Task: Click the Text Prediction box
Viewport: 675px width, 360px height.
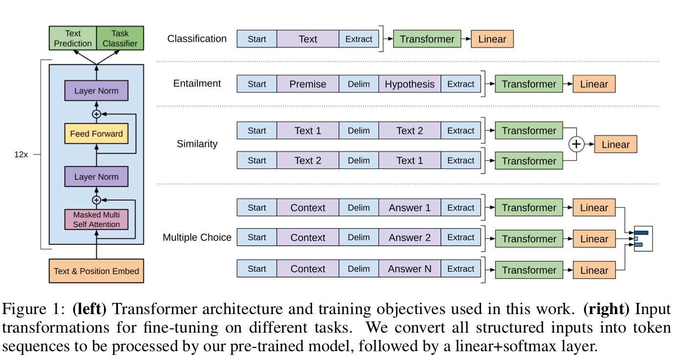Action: [73, 39]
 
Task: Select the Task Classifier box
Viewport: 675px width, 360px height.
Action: [120, 39]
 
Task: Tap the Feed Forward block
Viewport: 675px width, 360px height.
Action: [96, 133]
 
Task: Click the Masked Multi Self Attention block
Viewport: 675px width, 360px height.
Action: [96, 219]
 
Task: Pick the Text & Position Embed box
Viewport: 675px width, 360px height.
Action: [96, 271]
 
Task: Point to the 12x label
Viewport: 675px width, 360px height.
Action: [21, 154]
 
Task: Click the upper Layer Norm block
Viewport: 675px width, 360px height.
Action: [96, 91]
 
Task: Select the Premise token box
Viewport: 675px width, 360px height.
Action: [308, 84]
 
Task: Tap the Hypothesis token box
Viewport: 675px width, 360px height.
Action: [409, 84]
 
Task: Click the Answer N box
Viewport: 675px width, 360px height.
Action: [409, 269]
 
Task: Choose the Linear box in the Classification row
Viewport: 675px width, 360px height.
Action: [492, 39]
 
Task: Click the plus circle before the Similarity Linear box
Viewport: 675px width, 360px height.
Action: [577, 145]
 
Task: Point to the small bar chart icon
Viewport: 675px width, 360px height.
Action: [643, 238]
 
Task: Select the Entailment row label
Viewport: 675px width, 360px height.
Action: [197, 84]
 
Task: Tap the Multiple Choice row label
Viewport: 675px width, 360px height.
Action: [197, 237]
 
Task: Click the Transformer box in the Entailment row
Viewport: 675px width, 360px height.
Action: [528, 84]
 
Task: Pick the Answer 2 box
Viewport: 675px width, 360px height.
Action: [409, 237]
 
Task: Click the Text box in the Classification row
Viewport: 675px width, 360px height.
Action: [308, 39]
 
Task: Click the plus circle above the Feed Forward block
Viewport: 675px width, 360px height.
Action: [96, 114]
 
